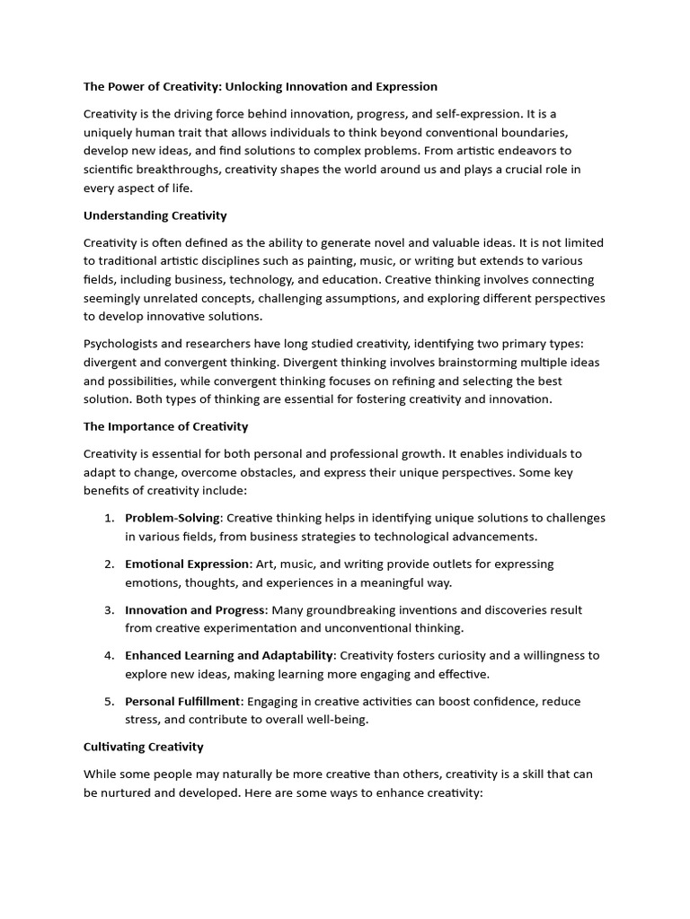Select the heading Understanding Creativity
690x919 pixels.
155,215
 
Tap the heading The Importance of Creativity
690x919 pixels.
166,426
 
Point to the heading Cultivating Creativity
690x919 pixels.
144,747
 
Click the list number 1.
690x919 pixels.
108,518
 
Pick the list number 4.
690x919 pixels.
108,655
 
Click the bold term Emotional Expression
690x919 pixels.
188,564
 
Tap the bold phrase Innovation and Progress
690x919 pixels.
195,609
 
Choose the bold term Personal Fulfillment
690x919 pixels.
182,701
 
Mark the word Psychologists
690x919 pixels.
125,344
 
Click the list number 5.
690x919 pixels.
108,701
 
